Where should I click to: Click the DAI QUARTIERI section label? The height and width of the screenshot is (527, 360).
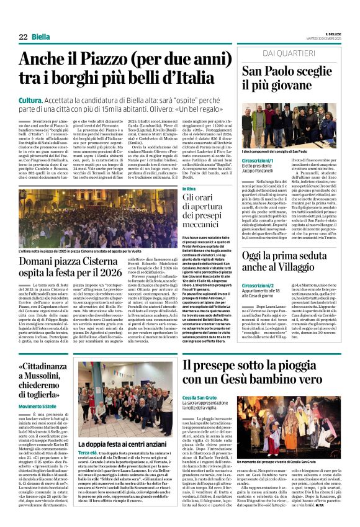(x=290, y=54)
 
